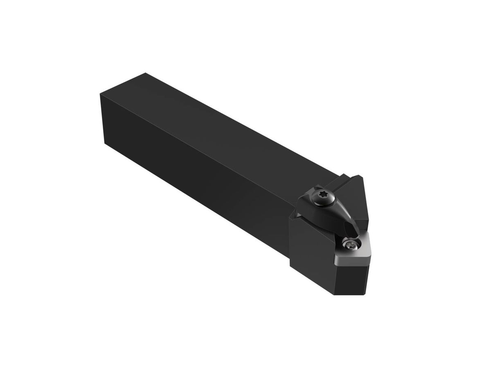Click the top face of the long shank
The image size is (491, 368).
[x=229, y=123]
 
